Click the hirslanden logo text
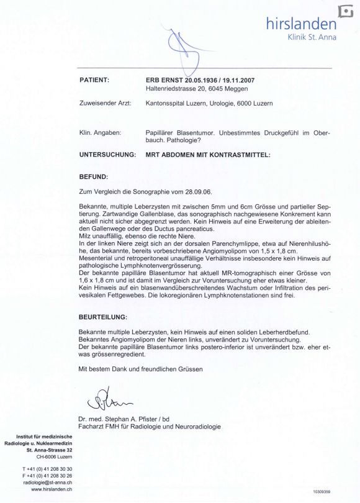[300, 24]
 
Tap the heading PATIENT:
[94, 80]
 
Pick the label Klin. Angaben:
[100, 133]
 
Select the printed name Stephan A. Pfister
[133, 419]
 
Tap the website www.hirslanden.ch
[52, 489]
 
